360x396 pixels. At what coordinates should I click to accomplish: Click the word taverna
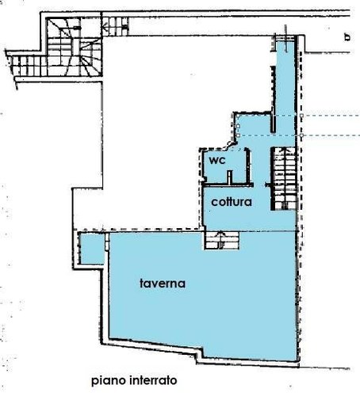tap(163, 284)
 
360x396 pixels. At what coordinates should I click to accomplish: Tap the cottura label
tap(232, 202)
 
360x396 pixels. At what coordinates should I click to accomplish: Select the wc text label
tap(217, 160)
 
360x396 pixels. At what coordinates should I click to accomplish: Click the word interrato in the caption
tap(154, 380)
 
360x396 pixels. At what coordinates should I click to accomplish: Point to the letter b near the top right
tap(347, 37)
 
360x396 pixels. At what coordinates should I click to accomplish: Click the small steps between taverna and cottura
tap(221, 240)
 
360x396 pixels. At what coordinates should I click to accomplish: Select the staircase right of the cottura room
tap(284, 179)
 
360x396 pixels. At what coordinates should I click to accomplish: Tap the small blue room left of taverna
tap(91, 249)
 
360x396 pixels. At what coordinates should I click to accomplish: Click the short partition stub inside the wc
tap(230, 177)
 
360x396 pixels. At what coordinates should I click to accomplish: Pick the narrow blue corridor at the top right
tap(285, 77)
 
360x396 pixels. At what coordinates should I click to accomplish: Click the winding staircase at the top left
tap(74, 47)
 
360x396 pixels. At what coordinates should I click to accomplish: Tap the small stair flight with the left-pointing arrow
tap(116, 26)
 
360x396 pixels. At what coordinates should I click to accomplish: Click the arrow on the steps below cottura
tap(220, 240)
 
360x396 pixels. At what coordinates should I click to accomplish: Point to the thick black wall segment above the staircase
tap(273, 99)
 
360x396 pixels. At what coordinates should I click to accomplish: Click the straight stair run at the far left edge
tap(27, 65)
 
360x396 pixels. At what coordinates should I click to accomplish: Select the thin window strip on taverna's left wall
tap(107, 242)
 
